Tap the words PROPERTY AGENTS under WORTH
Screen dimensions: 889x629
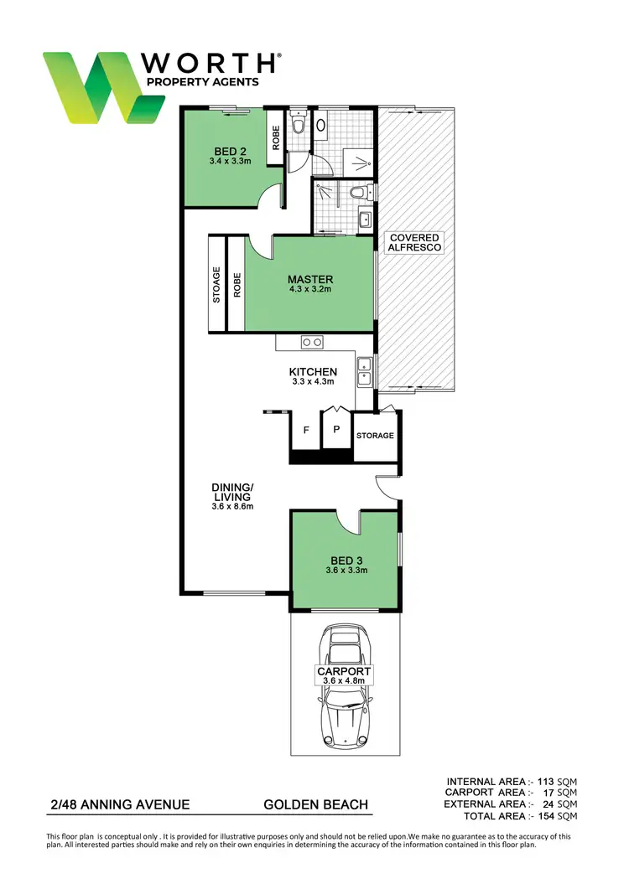click(202, 82)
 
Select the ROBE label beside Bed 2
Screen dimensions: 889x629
click(275, 137)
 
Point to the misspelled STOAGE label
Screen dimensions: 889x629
click(216, 285)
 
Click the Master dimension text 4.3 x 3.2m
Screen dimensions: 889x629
click(310, 290)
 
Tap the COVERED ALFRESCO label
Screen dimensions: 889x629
click(413, 243)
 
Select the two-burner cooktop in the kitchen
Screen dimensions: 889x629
click(312, 342)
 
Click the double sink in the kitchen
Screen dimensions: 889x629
click(365, 371)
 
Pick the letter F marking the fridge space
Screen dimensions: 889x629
click(306, 431)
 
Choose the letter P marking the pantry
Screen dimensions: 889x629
click(336, 431)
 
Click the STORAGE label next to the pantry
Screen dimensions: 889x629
click(374, 436)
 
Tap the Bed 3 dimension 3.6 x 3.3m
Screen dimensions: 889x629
click(347, 571)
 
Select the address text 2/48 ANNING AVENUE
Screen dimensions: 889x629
click(118, 805)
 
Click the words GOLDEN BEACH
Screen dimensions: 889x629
click(315, 805)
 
